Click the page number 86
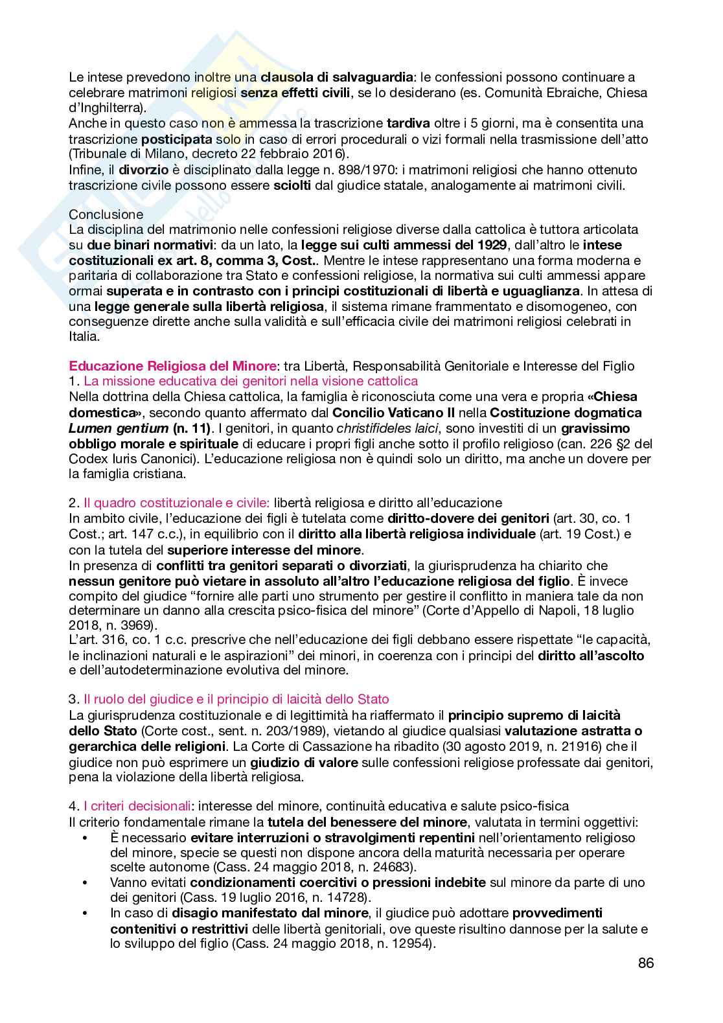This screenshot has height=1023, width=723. pyautogui.click(x=645, y=963)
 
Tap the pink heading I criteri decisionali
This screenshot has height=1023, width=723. pyautogui.click(x=137, y=806)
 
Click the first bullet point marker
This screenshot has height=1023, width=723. pyautogui.click(x=86, y=838)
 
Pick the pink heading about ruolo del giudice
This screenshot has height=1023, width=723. pyautogui.click(x=236, y=699)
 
